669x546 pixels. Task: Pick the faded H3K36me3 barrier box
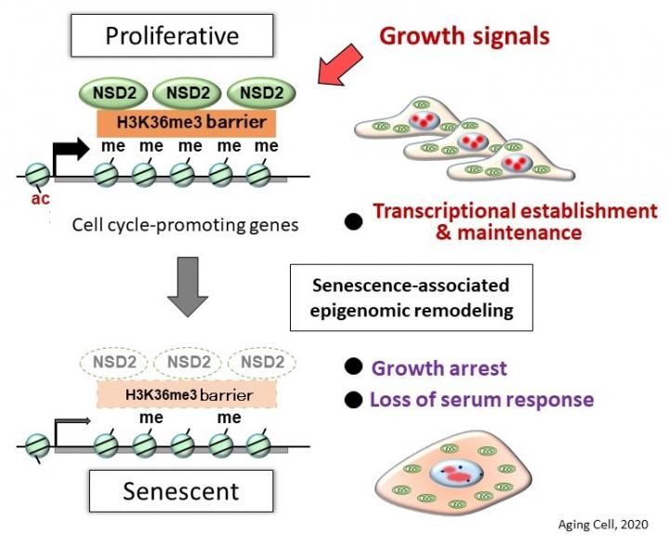pos(187,394)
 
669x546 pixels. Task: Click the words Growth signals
pos(464,37)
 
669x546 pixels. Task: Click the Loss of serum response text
pos(481,400)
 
